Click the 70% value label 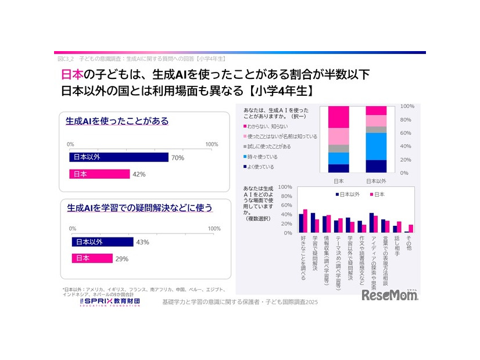point(177,157)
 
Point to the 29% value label point(121,258)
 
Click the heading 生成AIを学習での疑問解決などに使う point(139,207)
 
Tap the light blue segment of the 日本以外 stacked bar point(376,146)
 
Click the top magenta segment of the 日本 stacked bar point(338,117)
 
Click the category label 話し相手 point(397,246)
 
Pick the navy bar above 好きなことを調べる point(301,223)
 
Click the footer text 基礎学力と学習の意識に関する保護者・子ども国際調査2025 point(241,303)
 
